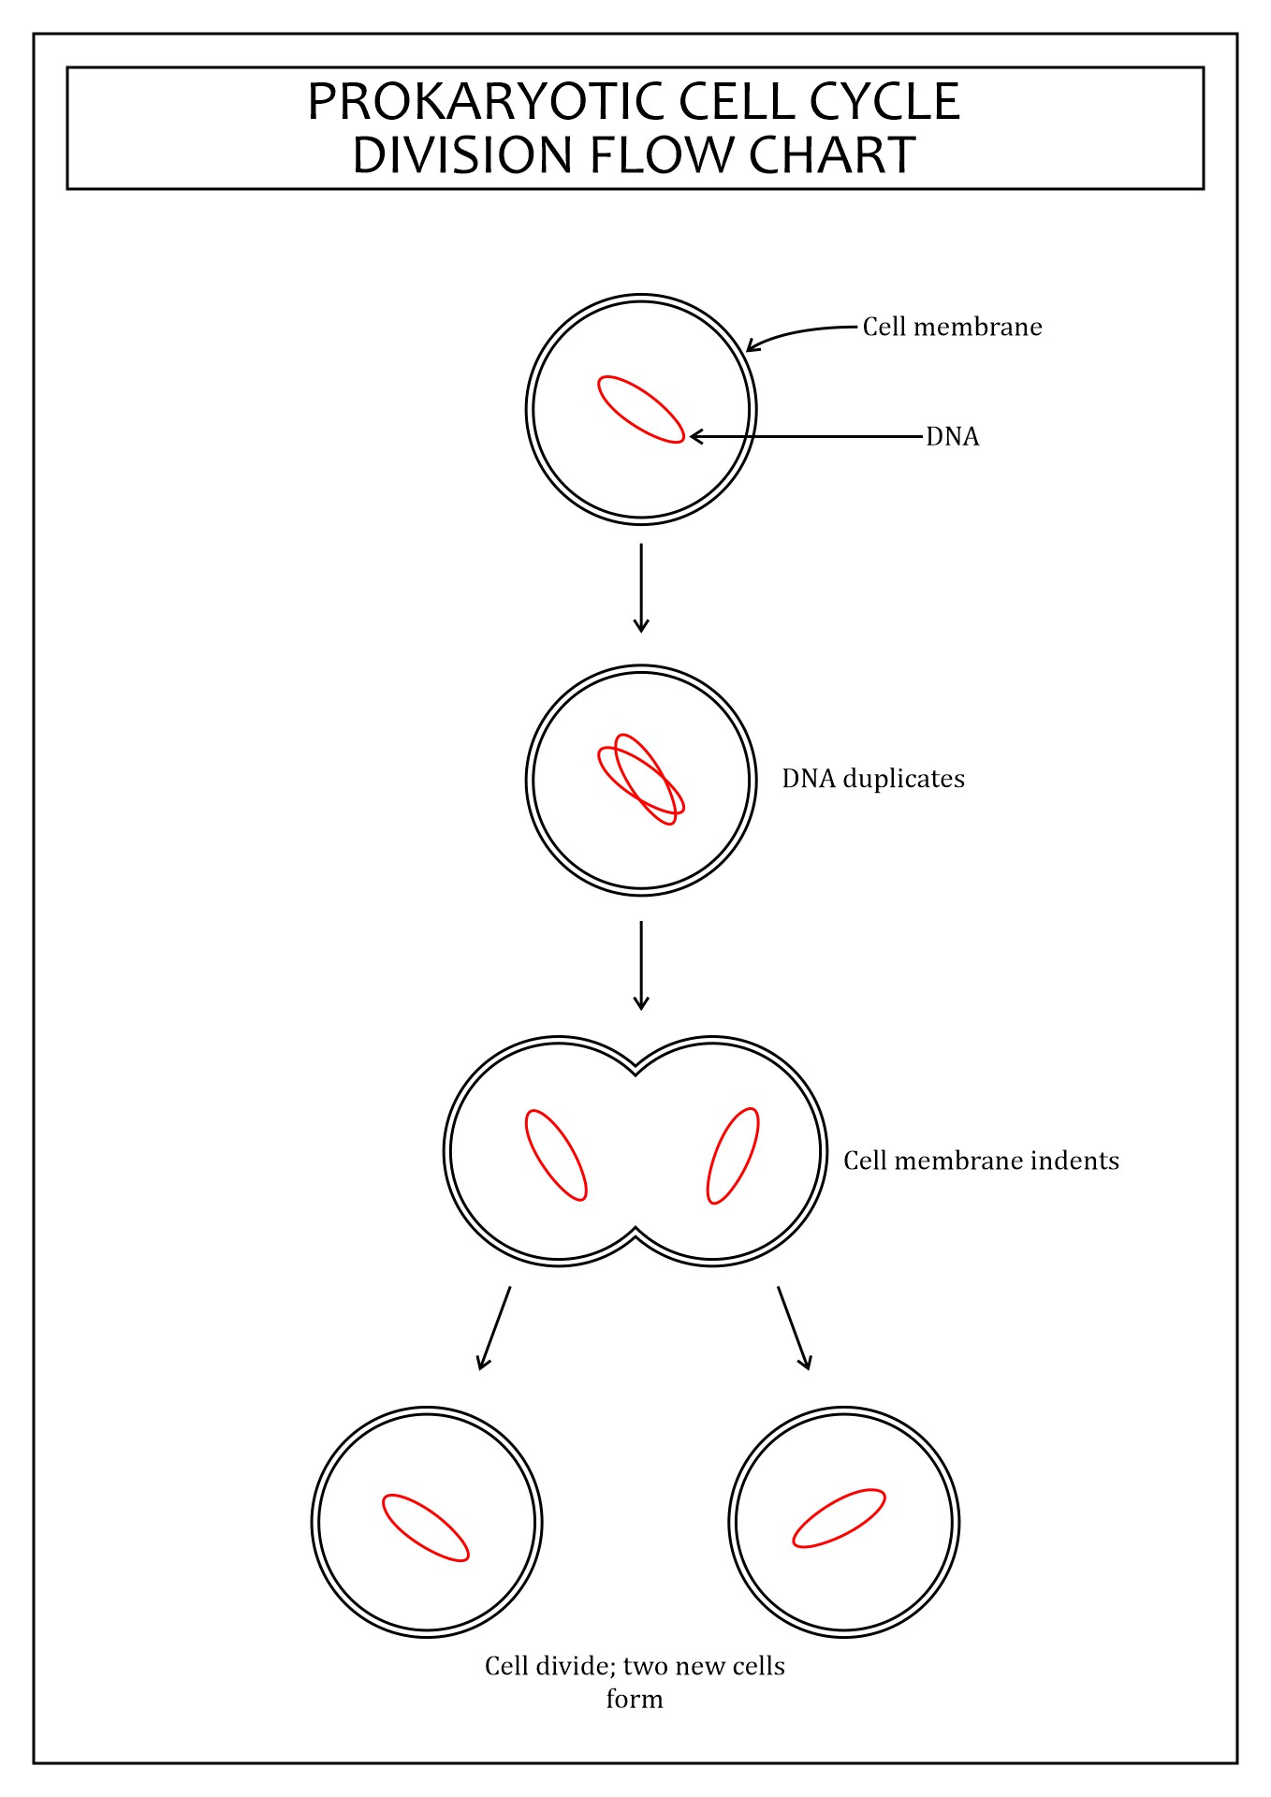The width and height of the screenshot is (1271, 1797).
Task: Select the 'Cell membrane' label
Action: (952, 327)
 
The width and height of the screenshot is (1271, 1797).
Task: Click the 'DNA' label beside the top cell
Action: (953, 436)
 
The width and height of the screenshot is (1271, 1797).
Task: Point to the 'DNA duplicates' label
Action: (873, 779)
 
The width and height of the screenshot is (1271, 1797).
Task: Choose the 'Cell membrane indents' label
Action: (981, 1161)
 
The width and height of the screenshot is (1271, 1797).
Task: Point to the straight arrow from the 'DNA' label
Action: (806, 436)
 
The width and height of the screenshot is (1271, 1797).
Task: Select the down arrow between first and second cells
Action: (641, 588)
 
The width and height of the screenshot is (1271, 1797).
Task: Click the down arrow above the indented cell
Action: (641, 966)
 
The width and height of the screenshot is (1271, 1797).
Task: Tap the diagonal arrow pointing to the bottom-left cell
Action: (494, 1328)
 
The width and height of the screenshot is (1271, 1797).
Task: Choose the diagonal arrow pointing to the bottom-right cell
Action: (794, 1328)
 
